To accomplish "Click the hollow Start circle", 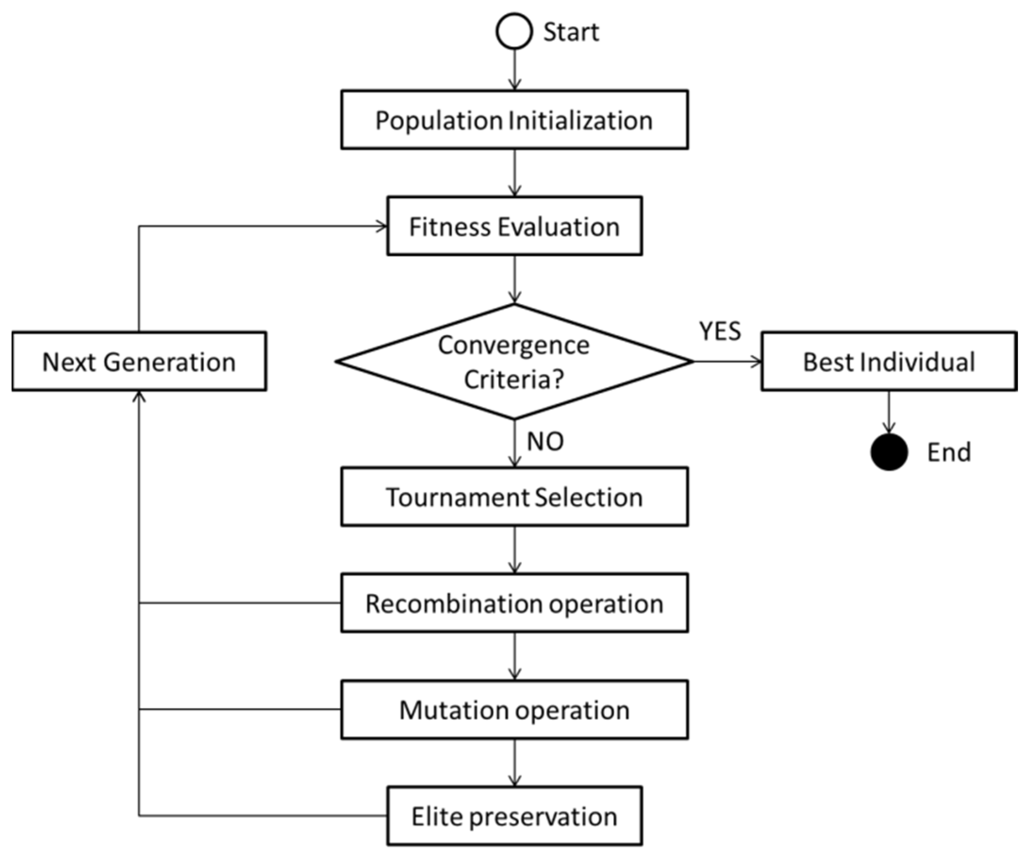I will [x=514, y=31].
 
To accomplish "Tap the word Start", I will [x=571, y=33].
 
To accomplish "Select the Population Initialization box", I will [x=514, y=119].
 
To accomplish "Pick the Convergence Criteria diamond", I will [x=514, y=362].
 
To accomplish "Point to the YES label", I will [x=720, y=331].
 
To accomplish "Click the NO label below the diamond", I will [x=545, y=441].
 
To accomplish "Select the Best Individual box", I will [x=888, y=362].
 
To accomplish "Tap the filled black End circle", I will [x=888, y=452].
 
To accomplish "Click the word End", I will [x=949, y=452].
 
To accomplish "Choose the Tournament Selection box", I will [x=514, y=497].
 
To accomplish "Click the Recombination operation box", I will [x=514, y=603].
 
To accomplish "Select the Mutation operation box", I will [x=514, y=709].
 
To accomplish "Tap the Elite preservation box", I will [x=514, y=816].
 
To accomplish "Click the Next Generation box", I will [x=139, y=362].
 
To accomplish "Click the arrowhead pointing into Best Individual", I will [x=756, y=362].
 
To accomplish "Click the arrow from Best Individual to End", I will [x=888, y=412].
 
